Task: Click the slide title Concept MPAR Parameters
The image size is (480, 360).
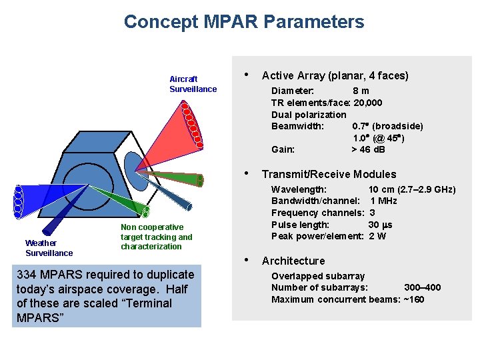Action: (x=244, y=22)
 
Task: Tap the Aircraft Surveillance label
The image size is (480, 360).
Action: (x=193, y=84)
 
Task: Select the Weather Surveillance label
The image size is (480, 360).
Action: (x=49, y=248)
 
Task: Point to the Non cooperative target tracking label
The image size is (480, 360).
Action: (x=156, y=237)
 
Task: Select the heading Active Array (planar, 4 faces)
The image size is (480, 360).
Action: (x=335, y=76)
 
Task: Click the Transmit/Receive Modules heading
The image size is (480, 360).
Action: (x=329, y=175)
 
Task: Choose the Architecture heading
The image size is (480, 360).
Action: (x=293, y=261)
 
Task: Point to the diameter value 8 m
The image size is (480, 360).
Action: (x=361, y=91)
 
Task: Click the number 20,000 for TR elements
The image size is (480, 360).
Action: (x=367, y=103)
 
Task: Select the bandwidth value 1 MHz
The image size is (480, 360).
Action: (x=383, y=201)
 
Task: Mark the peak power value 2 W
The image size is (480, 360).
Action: (x=377, y=236)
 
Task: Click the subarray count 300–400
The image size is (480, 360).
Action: (x=422, y=287)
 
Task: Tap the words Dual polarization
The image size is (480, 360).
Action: (x=309, y=115)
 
